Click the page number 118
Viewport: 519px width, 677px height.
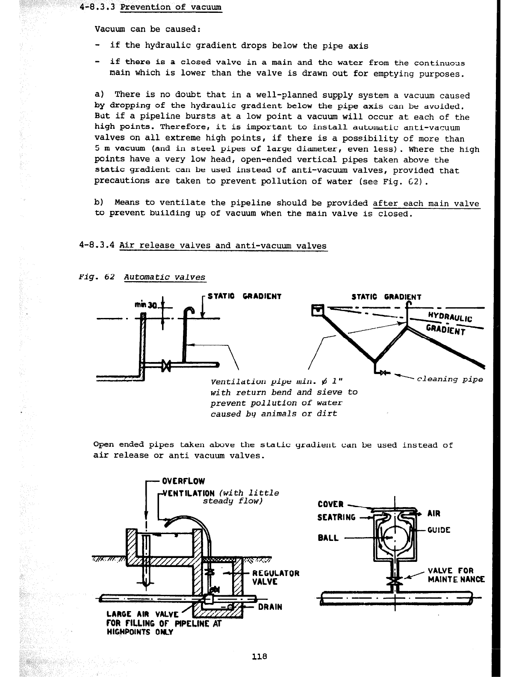tap(259, 656)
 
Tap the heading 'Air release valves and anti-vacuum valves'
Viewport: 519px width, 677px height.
tap(223, 246)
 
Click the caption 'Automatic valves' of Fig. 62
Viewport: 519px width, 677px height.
tap(165, 277)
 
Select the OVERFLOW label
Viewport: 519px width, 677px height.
tap(183, 481)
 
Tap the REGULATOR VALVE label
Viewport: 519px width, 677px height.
tap(276, 577)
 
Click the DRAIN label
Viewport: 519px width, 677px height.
tap(270, 606)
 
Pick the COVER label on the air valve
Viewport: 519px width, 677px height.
tap(331, 504)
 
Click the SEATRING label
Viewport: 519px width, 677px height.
tap(336, 517)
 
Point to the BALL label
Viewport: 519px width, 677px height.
tap(328, 538)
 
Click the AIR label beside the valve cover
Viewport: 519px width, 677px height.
tap(434, 514)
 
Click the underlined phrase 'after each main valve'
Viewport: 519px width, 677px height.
tap(426, 203)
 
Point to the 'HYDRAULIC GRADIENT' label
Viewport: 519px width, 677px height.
tap(448, 322)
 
